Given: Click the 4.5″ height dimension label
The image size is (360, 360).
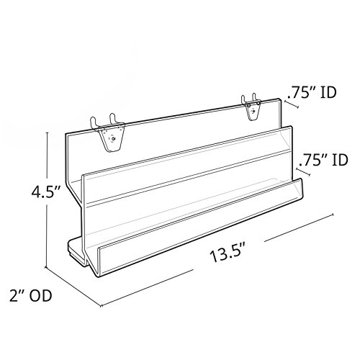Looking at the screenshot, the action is click(x=46, y=192).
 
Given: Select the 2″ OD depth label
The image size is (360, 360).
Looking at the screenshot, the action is click(x=31, y=296).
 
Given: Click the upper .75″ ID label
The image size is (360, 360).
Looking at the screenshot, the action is click(x=312, y=93).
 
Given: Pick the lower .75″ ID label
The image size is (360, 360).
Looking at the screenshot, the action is click(x=323, y=160).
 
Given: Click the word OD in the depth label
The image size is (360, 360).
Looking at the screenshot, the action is click(x=41, y=296).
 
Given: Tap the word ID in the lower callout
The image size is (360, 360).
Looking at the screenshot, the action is click(x=340, y=160).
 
